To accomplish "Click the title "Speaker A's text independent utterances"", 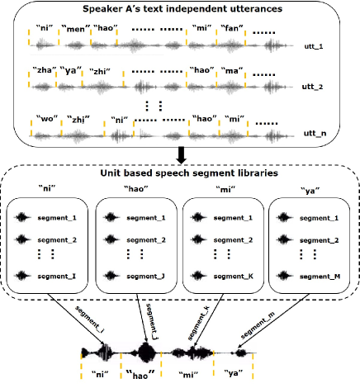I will (x=180, y=9).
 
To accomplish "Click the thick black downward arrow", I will (x=179, y=156).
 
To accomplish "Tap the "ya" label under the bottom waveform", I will (x=237, y=374).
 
